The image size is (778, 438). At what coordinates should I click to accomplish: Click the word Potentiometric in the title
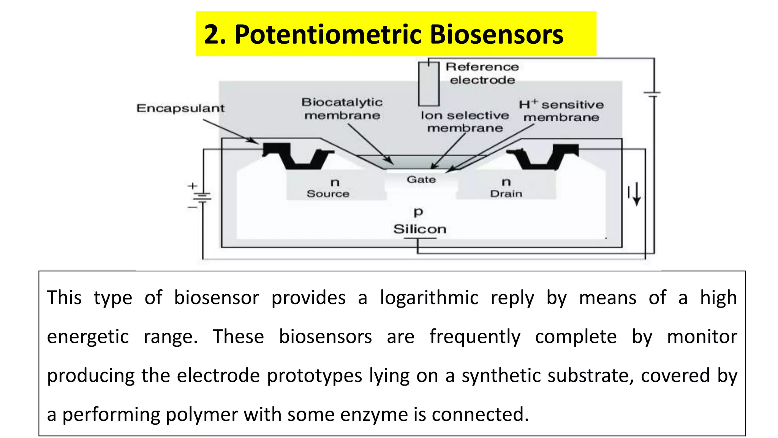click(x=329, y=35)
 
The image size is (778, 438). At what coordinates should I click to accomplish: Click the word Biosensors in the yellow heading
click(x=496, y=35)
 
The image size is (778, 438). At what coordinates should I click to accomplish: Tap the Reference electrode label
click(x=482, y=73)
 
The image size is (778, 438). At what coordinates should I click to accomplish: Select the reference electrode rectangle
click(x=429, y=84)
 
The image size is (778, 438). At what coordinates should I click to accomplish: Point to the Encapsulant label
click(x=180, y=108)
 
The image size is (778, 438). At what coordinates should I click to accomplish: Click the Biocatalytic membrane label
click(x=342, y=109)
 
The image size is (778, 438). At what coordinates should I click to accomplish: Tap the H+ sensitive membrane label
click(x=561, y=111)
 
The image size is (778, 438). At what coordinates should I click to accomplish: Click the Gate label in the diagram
click(x=421, y=179)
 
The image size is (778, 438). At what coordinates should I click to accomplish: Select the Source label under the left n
click(x=328, y=194)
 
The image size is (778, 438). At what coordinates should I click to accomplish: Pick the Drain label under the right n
click(x=506, y=194)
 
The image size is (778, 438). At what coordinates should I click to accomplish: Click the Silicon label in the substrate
click(x=420, y=229)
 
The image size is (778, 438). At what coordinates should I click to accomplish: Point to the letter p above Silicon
click(x=418, y=212)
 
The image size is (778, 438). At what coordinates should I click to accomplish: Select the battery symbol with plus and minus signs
click(x=202, y=197)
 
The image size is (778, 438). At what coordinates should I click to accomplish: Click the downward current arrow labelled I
click(x=637, y=194)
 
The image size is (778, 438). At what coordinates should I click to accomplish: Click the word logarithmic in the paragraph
click(x=429, y=298)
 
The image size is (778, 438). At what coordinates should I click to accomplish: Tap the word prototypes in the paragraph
click(x=315, y=376)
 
